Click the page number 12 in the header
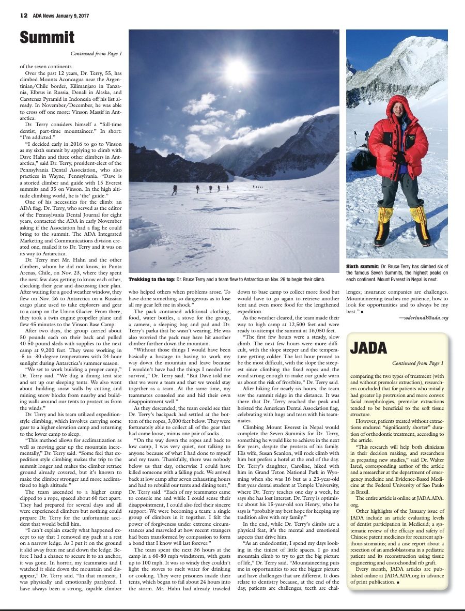pos(23,16)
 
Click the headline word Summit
pos(47,37)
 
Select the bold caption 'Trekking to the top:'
pos(151,279)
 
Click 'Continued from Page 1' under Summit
pos(97,53)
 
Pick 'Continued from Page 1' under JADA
pos(418,363)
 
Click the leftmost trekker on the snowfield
pos(175,190)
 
